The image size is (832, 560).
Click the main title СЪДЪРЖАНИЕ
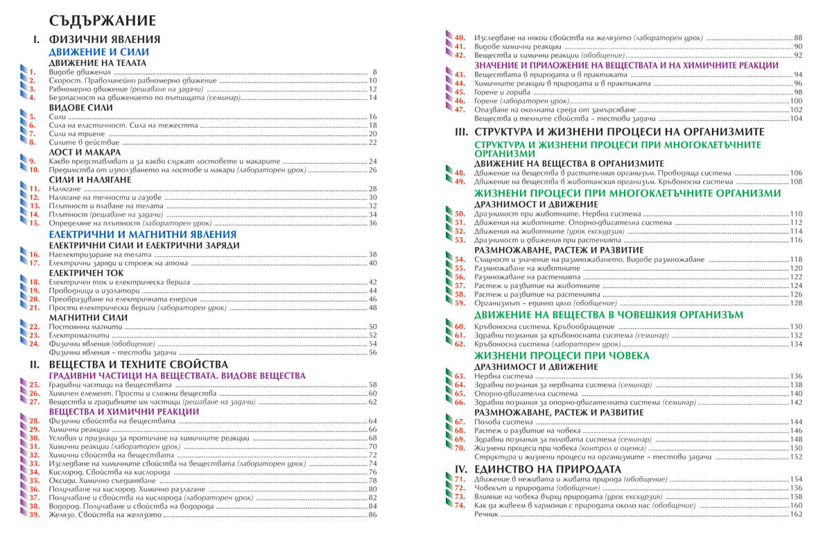point(102,19)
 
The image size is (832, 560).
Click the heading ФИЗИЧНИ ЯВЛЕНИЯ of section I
point(105,40)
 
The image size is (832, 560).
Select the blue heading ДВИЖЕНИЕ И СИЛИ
point(98,52)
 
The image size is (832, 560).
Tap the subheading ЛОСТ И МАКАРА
point(85,152)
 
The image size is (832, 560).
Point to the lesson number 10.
point(34,170)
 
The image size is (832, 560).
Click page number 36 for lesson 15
point(372,223)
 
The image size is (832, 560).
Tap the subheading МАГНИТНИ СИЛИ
point(88,317)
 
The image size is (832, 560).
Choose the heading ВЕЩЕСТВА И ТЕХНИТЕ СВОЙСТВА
point(139,364)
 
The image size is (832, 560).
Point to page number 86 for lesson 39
point(372,515)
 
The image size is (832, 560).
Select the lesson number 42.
point(459,55)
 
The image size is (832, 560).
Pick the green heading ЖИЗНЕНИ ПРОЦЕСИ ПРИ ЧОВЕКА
point(561,356)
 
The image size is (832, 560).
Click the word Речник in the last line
point(487,514)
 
